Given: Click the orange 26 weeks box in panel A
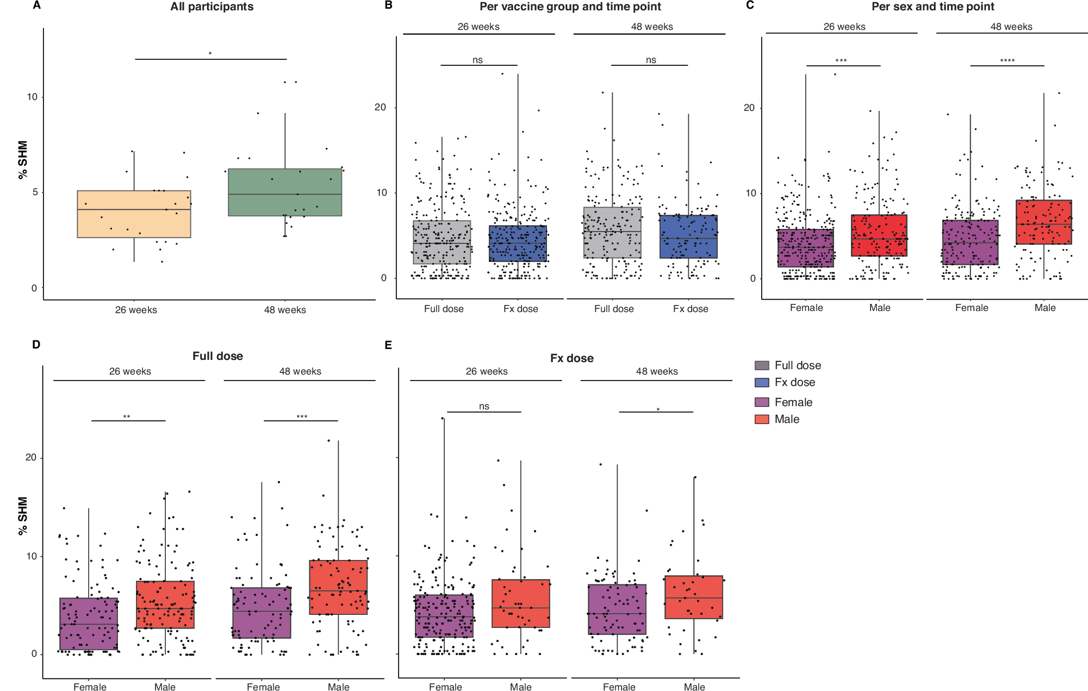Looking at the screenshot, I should (x=134, y=214).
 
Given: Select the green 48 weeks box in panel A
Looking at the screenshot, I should (x=285, y=192).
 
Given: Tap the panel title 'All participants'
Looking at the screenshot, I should (x=212, y=7).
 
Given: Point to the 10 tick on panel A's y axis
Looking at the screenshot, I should (x=32, y=97).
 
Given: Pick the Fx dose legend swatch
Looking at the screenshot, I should (x=762, y=382).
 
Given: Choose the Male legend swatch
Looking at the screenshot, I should (x=762, y=419).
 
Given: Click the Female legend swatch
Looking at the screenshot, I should (x=762, y=402).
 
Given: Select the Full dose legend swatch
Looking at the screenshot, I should (x=762, y=365).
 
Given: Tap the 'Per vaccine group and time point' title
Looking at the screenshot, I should (x=570, y=7).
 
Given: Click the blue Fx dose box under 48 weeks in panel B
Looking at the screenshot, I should (x=688, y=236).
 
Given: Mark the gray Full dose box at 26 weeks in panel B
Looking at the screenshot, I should (x=442, y=242).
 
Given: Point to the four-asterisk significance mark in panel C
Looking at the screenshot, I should (x=1007, y=61).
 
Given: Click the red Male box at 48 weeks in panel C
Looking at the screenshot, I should (x=1043, y=222).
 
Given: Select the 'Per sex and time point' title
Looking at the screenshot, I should (x=932, y=7).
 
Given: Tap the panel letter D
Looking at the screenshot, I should (x=36, y=345).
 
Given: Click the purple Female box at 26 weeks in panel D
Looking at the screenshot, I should (x=89, y=624).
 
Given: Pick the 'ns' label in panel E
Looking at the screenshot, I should (x=484, y=406).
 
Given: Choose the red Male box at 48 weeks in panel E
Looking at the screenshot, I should (x=694, y=597).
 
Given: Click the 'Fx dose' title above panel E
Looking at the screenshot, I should (x=571, y=358).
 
